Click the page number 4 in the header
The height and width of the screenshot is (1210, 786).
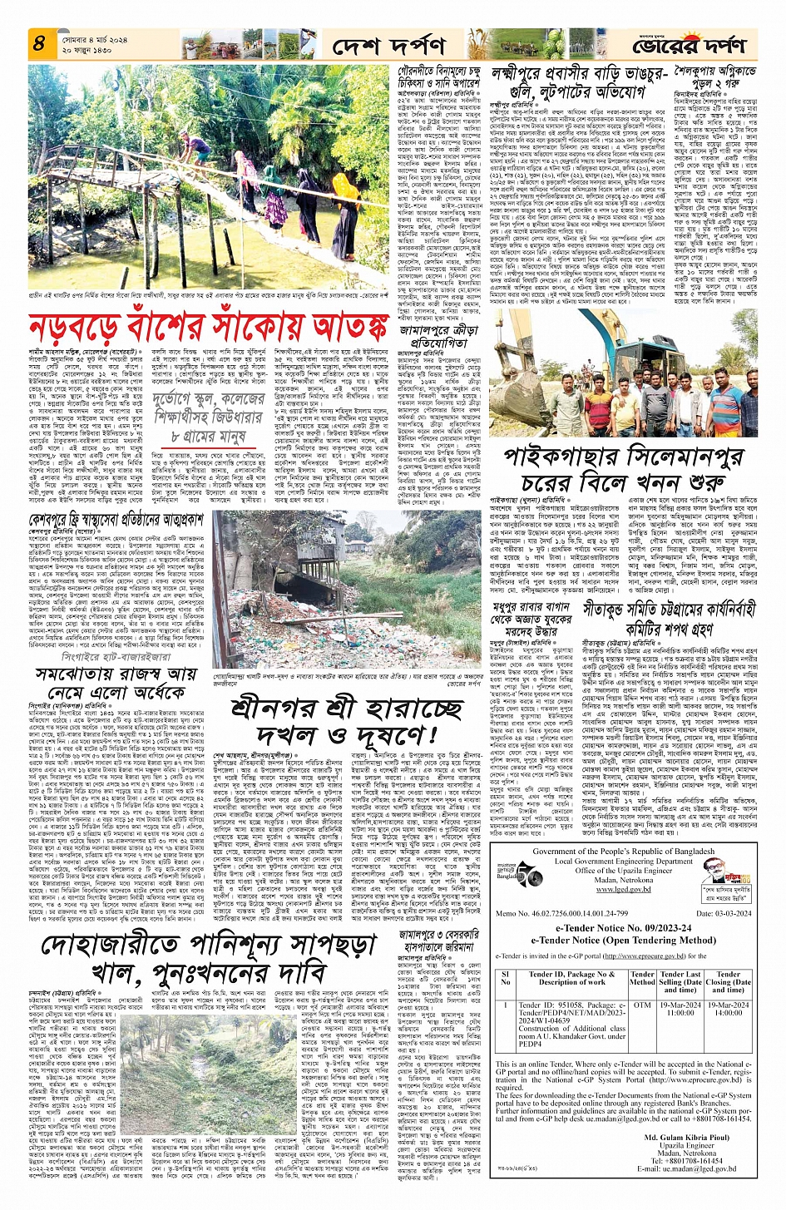coord(38,42)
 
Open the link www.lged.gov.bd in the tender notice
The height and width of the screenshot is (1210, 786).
coord(624,888)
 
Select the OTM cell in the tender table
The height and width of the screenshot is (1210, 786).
coord(641,1005)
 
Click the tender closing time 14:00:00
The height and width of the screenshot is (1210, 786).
coord(728,1013)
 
